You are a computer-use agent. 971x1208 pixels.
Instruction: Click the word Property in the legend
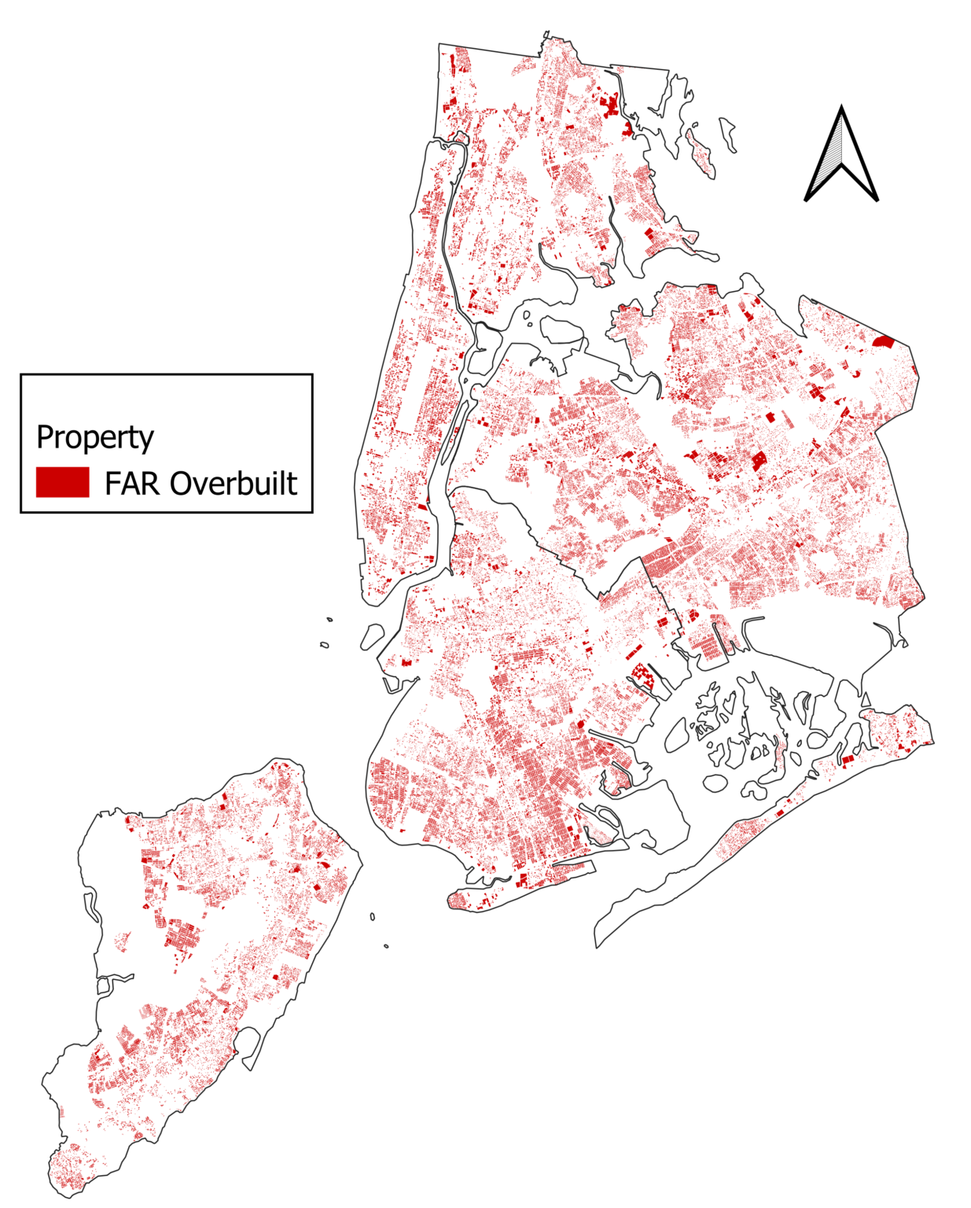coord(95,437)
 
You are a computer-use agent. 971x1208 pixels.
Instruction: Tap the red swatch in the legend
coord(62,482)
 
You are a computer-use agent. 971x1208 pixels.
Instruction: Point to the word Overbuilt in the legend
coord(234,483)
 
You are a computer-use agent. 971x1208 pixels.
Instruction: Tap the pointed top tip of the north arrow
coord(841,108)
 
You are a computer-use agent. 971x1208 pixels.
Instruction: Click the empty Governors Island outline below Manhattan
coord(372,636)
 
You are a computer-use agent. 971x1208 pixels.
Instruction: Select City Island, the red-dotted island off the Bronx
coord(700,153)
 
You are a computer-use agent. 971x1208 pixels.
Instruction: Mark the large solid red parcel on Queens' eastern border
coord(884,341)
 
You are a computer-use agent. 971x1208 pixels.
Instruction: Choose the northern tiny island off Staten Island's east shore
coord(373,916)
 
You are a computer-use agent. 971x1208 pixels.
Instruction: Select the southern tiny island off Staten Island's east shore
coord(386,946)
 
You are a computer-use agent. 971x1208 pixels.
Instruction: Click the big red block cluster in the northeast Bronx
coord(611,105)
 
